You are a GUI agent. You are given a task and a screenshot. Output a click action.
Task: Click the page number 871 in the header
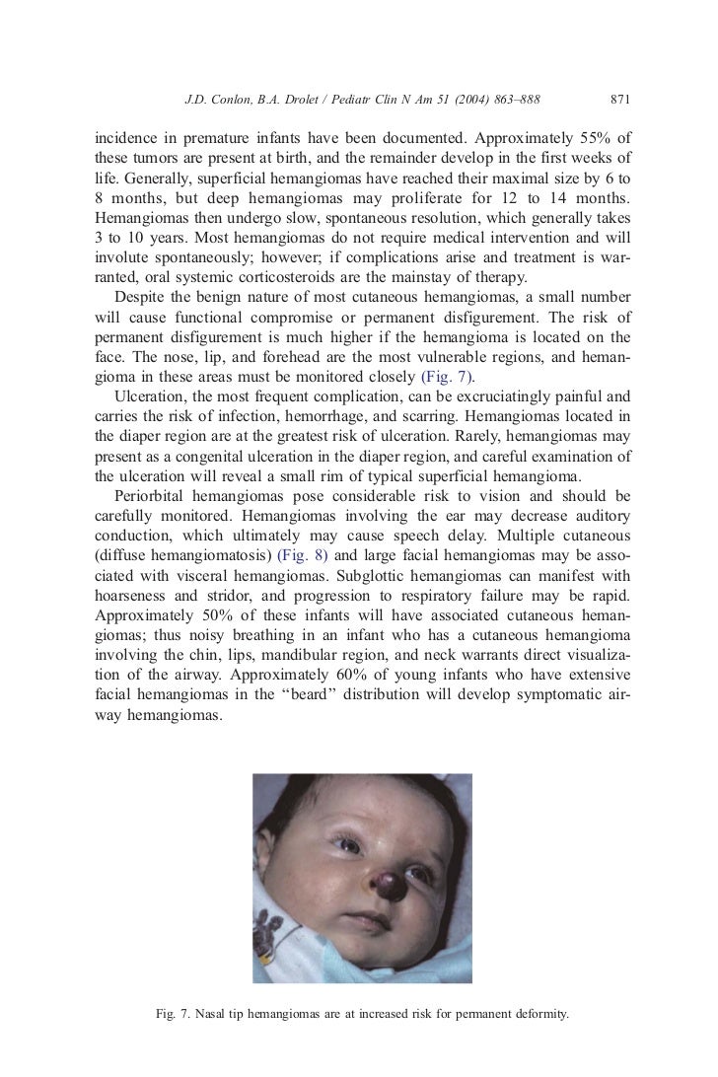[x=620, y=100]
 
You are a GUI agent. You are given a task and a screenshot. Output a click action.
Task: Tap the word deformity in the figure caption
[x=536, y=1013]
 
